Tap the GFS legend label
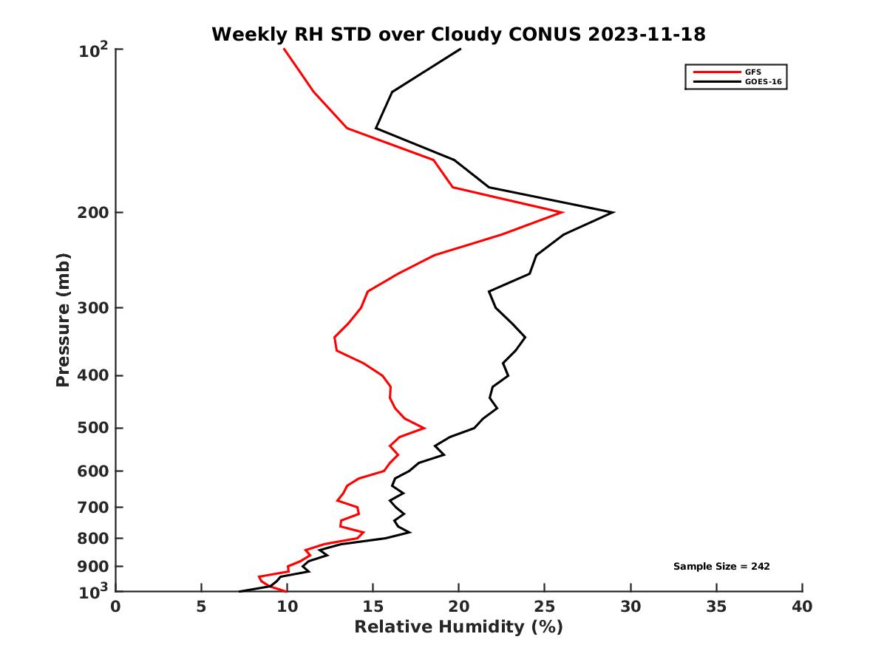[752, 72]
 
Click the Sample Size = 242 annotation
[721, 567]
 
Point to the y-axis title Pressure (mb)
[63, 319]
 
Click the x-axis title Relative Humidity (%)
[458, 627]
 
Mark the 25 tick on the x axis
[545, 607]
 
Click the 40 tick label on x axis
[802, 607]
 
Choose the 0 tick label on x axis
[116, 607]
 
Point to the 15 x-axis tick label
[373, 607]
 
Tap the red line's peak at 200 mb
[563, 213]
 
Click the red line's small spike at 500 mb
[424, 428]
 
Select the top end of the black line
[460, 50]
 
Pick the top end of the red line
[284, 50]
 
